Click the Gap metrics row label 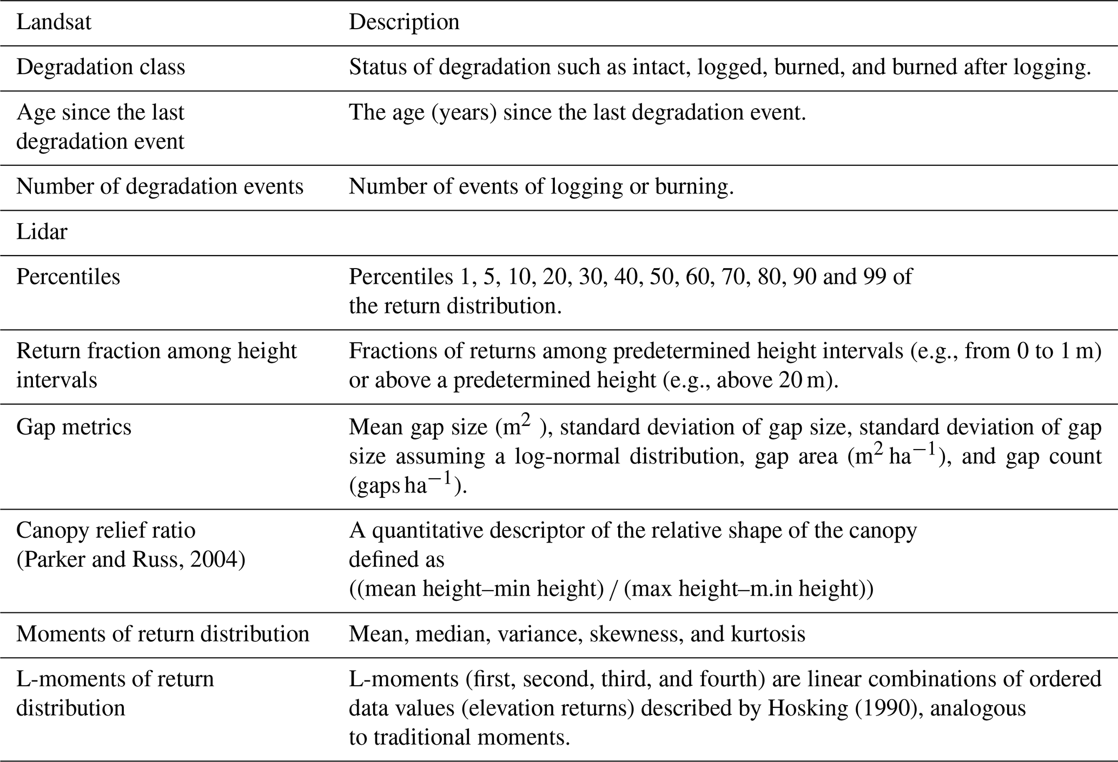(74, 427)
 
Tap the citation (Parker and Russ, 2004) (131, 560)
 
